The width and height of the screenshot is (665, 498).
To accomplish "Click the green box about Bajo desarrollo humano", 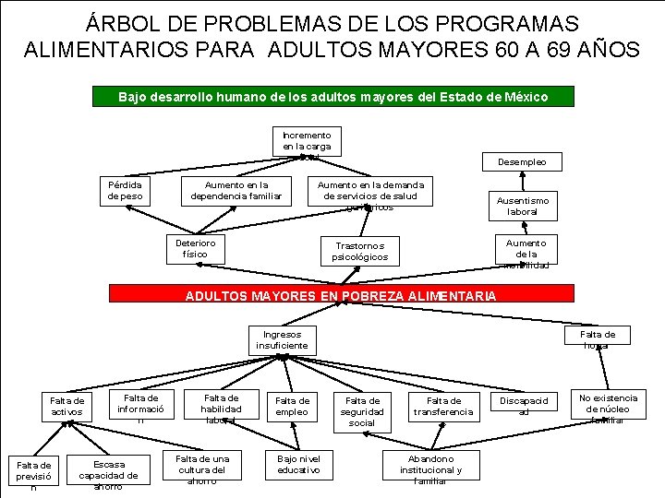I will point(333,97).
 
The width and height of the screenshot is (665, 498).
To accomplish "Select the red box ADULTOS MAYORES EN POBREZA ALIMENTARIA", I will point(340,295).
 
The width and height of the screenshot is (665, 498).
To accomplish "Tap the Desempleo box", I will point(523,162).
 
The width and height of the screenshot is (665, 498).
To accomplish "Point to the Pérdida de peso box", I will point(125,190).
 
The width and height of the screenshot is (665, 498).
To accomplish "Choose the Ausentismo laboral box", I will point(523,206).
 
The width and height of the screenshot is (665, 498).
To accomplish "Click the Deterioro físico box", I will point(195,248).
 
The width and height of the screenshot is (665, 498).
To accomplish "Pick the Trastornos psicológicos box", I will point(360,251).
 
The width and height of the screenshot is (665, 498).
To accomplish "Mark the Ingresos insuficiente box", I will point(282,340).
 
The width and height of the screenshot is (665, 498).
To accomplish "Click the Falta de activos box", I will point(66,406).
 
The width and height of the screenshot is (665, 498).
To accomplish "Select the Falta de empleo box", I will point(293,406).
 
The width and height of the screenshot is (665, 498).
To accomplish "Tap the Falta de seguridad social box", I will point(362,411).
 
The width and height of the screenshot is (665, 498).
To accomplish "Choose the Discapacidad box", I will point(524,406).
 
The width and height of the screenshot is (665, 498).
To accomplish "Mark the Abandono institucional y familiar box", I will point(429,468).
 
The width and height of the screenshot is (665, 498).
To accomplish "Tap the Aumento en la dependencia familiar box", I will point(236,190).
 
